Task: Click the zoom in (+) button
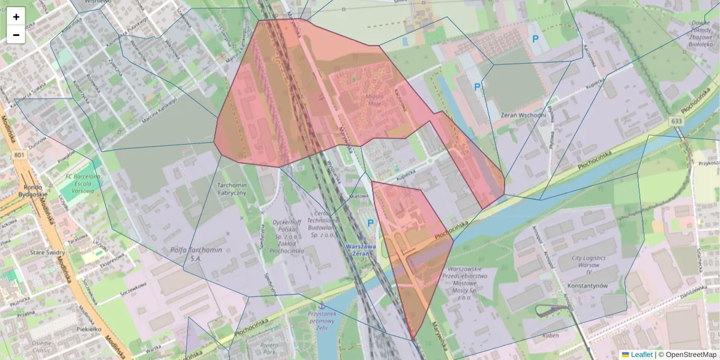pos(16,17)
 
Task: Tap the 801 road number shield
pos(19,155)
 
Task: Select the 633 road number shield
pos(677,121)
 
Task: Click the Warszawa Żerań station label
pos(361,250)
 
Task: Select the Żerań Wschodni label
pos(523,115)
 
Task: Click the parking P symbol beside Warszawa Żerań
pos(370,223)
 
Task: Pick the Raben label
pos(550,336)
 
